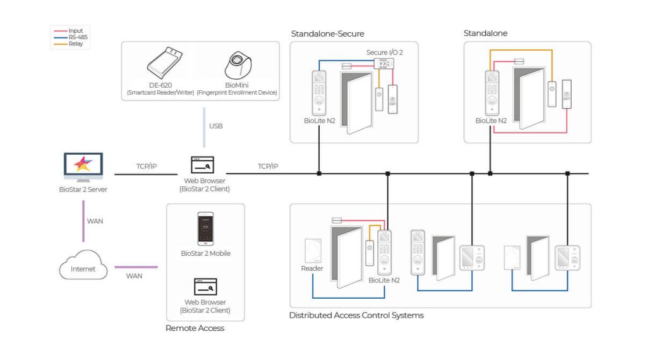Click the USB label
point(215,126)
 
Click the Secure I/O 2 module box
point(383,63)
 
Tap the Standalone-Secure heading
point(327,33)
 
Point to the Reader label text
point(312,269)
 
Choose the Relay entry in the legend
point(76,44)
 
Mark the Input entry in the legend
point(76,31)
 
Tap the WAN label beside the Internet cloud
point(134,276)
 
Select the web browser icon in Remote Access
point(205,287)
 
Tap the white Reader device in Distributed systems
point(313,251)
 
